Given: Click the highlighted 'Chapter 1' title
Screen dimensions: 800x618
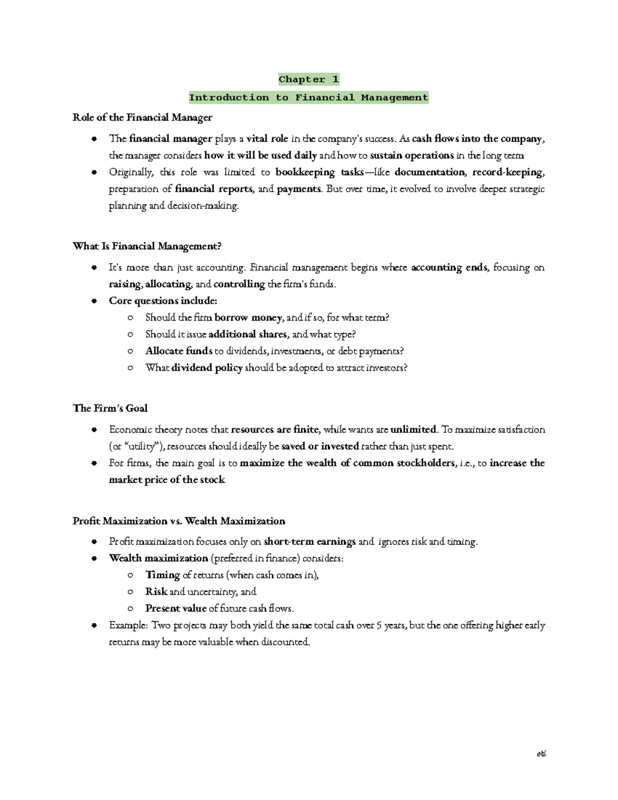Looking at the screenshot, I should click(x=308, y=79).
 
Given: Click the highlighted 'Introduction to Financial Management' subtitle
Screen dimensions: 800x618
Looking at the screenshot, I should click(x=308, y=97).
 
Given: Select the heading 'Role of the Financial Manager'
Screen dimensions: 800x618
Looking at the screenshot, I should click(x=142, y=117).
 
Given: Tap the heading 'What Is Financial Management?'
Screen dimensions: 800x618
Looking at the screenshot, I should click(x=147, y=246).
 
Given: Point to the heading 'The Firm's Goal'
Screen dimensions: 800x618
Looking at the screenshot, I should click(x=110, y=408).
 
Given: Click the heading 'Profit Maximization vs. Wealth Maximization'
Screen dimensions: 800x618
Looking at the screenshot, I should click(x=179, y=521).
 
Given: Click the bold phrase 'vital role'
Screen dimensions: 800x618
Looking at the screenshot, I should click(x=267, y=139).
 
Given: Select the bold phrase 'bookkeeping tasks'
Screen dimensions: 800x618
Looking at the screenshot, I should click(x=319, y=172).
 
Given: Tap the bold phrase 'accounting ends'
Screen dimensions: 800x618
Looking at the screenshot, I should click(x=449, y=267).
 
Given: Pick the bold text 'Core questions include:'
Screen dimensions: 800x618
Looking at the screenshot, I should click(x=163, y=301).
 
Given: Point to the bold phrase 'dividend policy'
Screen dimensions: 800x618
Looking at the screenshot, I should click(x=207, y=368).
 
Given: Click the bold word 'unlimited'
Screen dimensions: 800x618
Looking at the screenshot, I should click(x=413, y=430).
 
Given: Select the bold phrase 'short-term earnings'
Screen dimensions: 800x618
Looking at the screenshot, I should click(x=310, y=541).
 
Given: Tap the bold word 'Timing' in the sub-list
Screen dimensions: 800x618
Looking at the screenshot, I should click(x=162, y=575).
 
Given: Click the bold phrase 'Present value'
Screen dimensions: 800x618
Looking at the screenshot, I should click(x=176, y=608).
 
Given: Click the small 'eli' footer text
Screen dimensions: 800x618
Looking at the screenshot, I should click(x=541, y=754).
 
